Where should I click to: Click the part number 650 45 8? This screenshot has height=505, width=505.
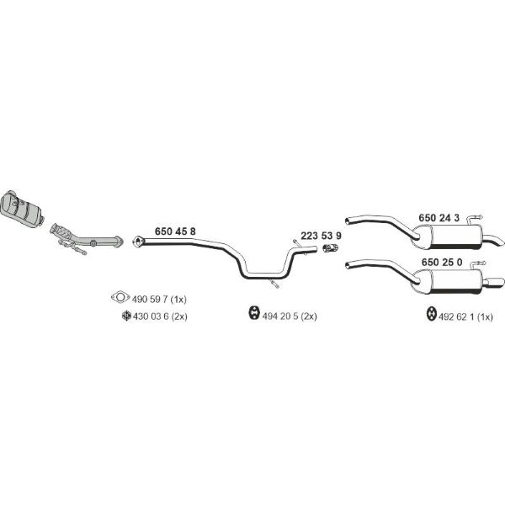[175, 231]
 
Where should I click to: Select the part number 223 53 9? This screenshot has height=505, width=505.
[322, 236]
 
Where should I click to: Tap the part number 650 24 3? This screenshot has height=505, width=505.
[439, 218]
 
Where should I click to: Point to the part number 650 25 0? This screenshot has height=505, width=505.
[442, 262]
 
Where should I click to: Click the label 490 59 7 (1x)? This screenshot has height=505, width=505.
[159, 299]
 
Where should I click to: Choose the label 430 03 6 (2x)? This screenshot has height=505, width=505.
[160, 316]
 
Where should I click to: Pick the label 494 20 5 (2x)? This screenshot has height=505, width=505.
[290, 316]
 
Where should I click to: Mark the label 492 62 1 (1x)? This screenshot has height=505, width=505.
[465, 317]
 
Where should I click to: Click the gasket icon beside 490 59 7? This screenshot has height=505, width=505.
[120, 297]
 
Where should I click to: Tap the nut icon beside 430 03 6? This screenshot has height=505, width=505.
[126, 316]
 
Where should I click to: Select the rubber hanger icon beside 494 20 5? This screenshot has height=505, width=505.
[254, 313]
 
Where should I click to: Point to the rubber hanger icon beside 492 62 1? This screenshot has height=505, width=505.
[431, 314]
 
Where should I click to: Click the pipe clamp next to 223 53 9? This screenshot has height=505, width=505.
[330, 248]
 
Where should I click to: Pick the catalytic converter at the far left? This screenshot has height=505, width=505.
[22, 209]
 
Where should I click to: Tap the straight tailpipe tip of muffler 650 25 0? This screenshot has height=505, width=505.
[494, 282]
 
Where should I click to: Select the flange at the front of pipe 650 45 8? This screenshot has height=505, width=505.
[138, 242]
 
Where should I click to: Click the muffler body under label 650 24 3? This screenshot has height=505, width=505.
[451, 237]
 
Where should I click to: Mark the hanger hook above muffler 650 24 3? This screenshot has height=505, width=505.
[475, 218]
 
